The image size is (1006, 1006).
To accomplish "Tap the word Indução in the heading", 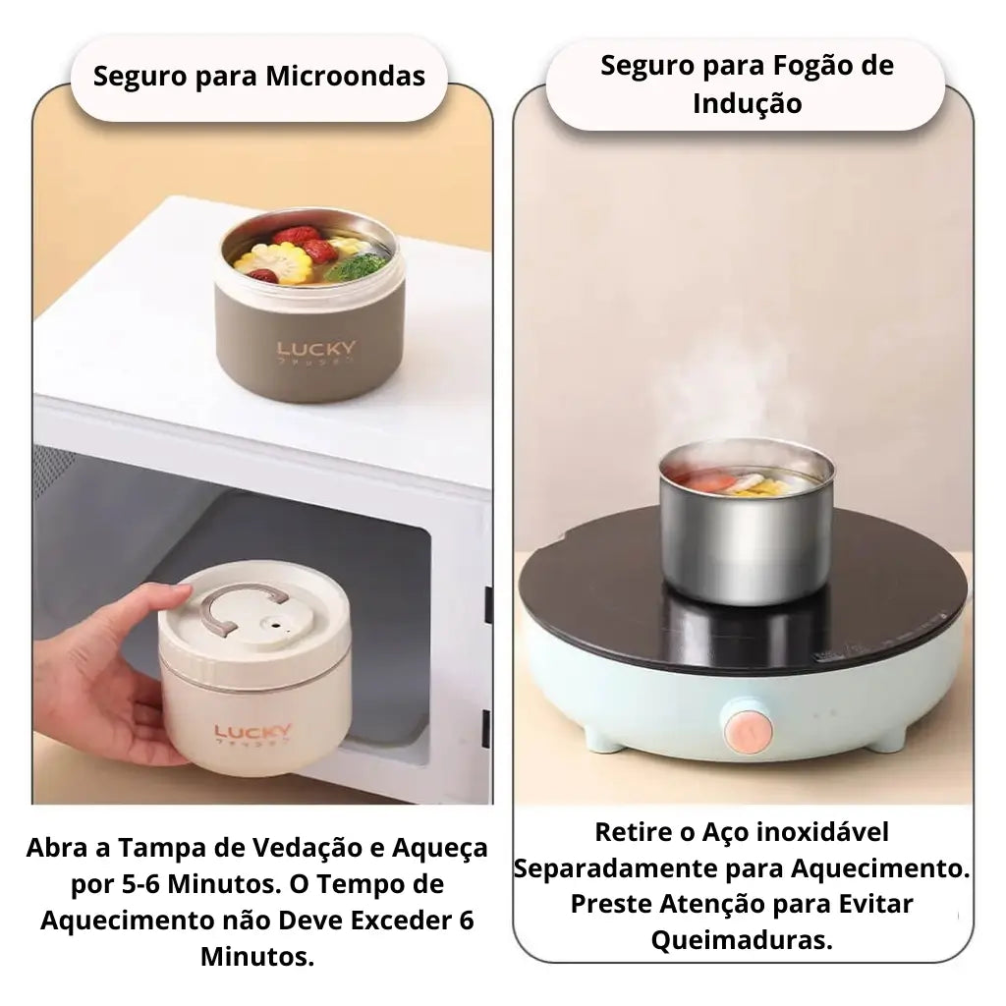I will pos(747,103).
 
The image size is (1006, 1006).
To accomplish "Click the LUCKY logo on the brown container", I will pos(316,350).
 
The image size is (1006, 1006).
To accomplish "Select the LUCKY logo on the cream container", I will pos(253,732).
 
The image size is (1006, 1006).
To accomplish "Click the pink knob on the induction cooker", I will pos(745,727).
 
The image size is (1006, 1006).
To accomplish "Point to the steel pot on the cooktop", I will pos(746,535).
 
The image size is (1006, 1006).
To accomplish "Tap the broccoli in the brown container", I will pos(356,265).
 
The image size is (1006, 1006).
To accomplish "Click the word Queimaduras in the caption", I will pos(742,939).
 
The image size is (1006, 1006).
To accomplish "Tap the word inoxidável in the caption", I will pos(821,832).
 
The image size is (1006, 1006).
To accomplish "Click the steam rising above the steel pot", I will pos(732,388).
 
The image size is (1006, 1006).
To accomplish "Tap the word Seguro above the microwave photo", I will pos(139,77).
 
